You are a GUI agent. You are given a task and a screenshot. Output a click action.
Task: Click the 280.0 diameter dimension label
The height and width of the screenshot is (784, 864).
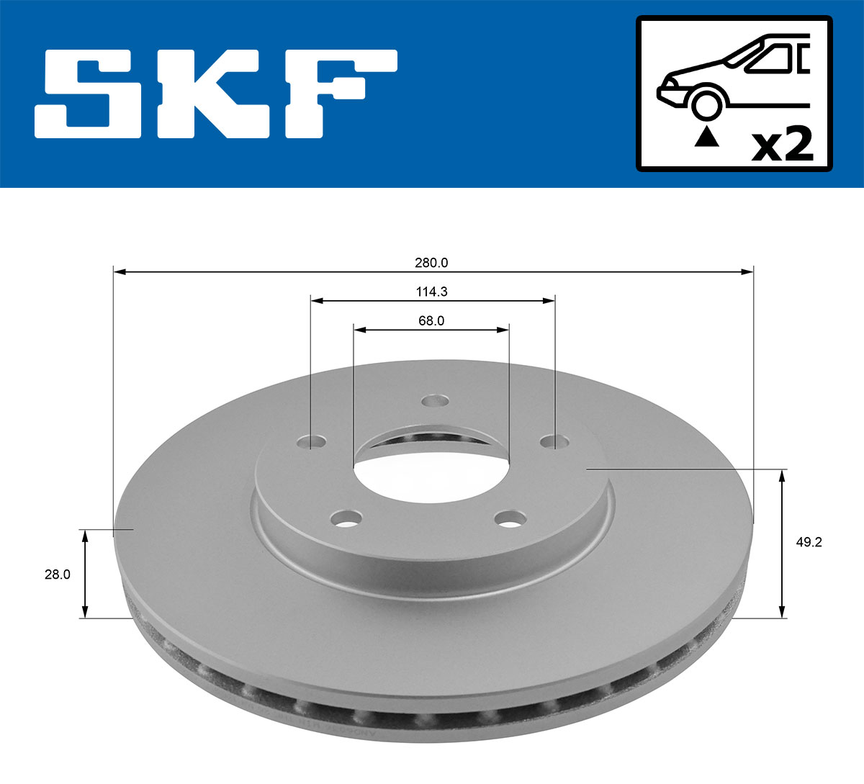[431, 263]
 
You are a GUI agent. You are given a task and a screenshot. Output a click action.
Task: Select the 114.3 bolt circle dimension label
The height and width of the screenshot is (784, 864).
[431, 292]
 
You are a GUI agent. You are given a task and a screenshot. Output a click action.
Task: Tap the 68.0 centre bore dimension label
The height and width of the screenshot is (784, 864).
[431, 321]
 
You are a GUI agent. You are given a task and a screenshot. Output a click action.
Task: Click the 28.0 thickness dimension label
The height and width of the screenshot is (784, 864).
[57, 575]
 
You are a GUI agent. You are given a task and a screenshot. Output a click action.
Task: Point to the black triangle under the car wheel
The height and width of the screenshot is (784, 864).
[706, 137]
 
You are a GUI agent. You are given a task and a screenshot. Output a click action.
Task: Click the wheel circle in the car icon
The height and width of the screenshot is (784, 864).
[706, 104]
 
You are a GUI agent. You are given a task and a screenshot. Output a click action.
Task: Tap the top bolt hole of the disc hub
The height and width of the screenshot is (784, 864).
[435, 401]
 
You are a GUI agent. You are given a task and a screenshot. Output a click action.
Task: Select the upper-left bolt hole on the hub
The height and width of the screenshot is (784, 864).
[312, 441]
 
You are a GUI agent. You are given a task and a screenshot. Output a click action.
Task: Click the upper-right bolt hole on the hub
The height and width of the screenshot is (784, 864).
[552, 440]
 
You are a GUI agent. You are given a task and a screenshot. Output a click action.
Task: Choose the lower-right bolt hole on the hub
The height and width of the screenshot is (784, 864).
[512, 518]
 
